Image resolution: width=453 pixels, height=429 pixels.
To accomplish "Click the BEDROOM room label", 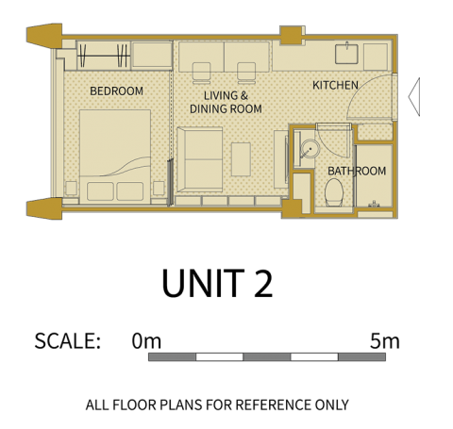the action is (x=116, y=91).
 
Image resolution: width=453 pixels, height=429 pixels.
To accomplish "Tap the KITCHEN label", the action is (x=335, y=85).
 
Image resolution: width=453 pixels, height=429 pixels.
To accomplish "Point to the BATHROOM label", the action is (x=357, y=171).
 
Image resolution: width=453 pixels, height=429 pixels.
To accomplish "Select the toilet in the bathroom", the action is (x=334, y=192).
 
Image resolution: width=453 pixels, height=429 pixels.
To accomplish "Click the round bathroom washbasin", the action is (x=310, y=148).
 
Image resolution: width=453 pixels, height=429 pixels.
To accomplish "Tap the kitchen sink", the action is (x=346, y=54).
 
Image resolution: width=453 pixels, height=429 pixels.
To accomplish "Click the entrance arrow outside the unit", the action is (x=414, y=97).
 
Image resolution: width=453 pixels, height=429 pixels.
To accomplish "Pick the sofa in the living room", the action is (x=200, y=159).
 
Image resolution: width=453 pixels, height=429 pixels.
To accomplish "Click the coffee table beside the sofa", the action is (x=241, y=159).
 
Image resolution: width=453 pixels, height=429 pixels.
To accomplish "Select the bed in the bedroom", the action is (x=115, y=157).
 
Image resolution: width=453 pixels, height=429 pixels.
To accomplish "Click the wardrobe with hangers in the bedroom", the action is (x=104, y=56).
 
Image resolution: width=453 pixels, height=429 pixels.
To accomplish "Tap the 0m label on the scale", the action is (x=146, y=341).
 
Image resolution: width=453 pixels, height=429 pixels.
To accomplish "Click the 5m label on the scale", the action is (x=385, y=341).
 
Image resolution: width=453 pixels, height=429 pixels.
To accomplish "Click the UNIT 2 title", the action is (x=217, y=284).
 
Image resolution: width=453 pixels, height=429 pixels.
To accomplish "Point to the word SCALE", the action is (x=67, y=341).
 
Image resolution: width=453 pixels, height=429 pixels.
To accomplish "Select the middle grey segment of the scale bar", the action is (x=267, y=357).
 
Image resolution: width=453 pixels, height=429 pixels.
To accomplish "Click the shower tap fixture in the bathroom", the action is (x=374, y=205).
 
